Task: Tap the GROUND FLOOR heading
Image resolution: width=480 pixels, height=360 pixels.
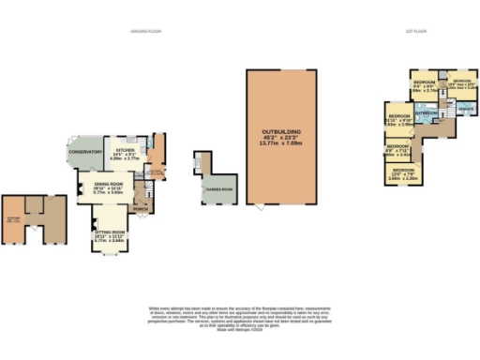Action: tap(145, 30)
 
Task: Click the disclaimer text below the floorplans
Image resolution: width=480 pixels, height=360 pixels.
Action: tap(240, 315)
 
